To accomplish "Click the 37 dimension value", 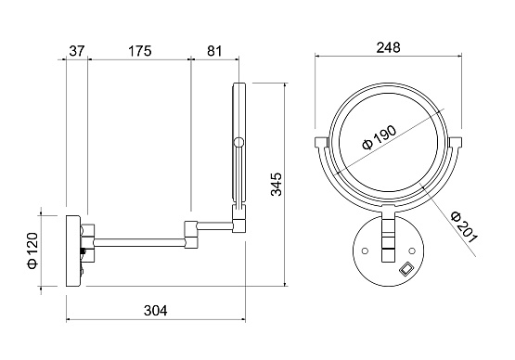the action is tap(77, 51).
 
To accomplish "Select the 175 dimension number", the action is tap(139, 51).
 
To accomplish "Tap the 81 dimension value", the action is tap(214, 51).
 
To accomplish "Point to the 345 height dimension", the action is tap(277, 185).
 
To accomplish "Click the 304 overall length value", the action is tap(155, 311).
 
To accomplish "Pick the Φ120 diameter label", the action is tap(32, 251).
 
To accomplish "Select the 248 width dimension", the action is tap(388, 47).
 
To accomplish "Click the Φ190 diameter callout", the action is tap(380, 137).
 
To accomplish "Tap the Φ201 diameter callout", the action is tap(464, 227).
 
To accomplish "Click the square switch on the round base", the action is tap(406, 267).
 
